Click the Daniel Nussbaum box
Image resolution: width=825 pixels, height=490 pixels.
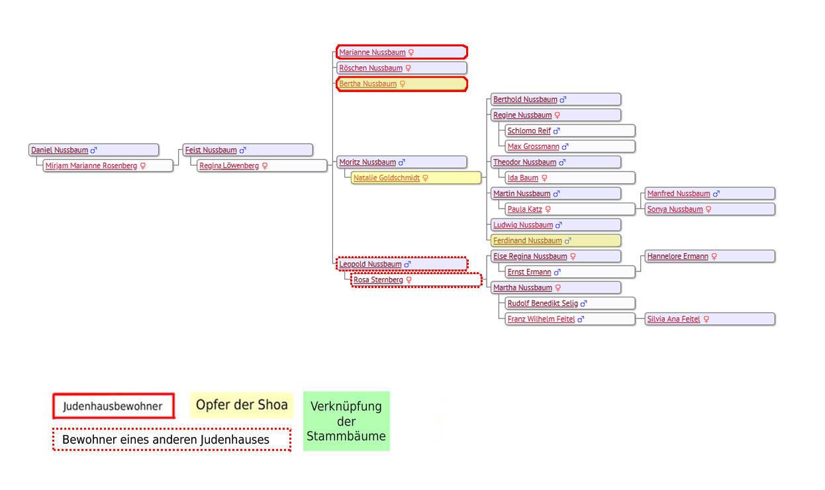pos(94,150)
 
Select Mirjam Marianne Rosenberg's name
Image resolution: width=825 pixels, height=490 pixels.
pos(91,166)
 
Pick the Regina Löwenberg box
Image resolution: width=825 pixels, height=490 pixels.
pos(229,166)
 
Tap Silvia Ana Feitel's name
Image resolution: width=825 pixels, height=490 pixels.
pos(673,319)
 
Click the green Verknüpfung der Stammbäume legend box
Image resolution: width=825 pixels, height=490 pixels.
pos(346,422)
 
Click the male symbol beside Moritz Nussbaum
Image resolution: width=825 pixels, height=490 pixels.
pos(402,162)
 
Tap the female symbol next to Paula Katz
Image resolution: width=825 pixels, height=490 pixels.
pos(548,210)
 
